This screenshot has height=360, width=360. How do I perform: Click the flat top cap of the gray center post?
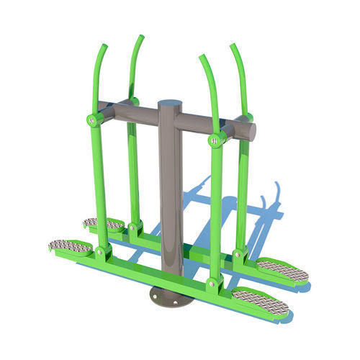tap(170, 104)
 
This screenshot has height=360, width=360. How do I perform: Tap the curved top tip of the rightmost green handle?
tap(233, 47)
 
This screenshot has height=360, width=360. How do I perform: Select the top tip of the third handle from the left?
tap(203, 58)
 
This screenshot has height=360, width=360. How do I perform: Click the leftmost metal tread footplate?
tap(70, 246)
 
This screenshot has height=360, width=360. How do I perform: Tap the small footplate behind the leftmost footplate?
tap(103, 224)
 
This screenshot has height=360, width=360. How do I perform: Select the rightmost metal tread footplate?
tap(282, 270)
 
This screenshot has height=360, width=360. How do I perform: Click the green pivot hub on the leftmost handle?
tap(93, 120)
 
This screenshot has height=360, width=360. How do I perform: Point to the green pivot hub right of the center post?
tap(215, 140)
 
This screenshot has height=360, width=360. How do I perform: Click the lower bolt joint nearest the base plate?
tap(212, 282)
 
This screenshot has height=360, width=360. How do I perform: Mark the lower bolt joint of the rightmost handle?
tap(238, 253)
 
